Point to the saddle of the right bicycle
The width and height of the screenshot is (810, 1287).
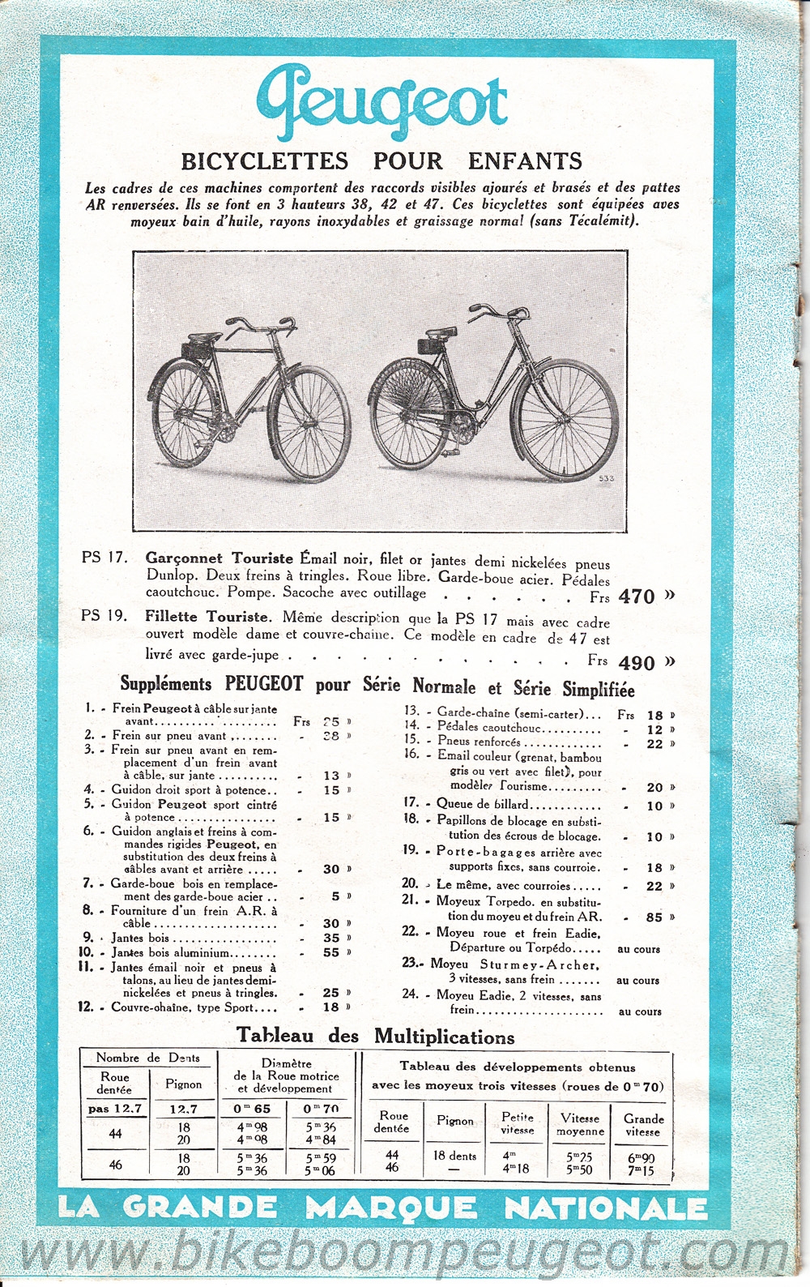(444, 334)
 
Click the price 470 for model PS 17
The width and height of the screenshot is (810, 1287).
(636, 596)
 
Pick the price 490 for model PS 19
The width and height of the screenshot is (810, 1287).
(637, 662)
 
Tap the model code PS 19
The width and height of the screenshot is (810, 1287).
(104, 616)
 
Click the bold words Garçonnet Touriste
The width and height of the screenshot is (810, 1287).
(219, 558)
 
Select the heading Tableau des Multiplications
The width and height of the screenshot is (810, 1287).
(376, 1037)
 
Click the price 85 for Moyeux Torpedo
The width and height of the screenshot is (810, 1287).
(654, 918)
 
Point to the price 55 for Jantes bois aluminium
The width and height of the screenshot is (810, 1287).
(331, 953)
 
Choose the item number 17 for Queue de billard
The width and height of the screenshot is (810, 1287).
(411, 803)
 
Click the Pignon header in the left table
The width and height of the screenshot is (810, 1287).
(184, 1084)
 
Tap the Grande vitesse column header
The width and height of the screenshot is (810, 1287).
(643, 1125)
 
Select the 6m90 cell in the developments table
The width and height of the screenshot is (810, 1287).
(641, 1157)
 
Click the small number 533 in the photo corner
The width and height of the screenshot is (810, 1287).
(606, 479)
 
